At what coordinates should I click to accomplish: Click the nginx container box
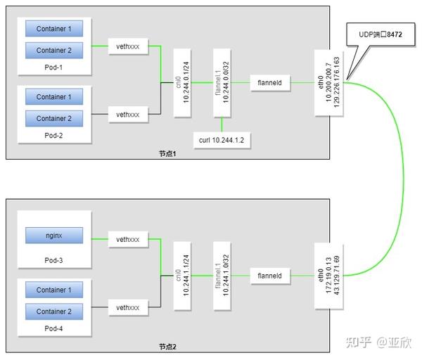tap(54, 236)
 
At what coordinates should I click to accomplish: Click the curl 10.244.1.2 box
tap(222, 140)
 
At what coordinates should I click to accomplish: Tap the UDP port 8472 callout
tap(381, 34)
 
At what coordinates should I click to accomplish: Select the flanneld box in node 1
tap(270, 83)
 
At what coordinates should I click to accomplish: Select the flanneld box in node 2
tap(270, 276)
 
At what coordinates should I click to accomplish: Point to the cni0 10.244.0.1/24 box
tap(182, 82)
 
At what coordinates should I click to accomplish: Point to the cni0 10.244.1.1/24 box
tap(182, 276)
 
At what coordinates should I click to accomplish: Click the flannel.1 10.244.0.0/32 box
tap(222, 82)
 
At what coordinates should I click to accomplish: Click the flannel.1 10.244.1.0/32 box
tap(222, 276)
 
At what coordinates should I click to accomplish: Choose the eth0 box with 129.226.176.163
tap(329, 82)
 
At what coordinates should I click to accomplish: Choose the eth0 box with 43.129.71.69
tap(329, 276)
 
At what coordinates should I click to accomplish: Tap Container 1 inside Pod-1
tap(54, 29)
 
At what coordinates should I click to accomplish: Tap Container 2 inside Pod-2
tap(54, 118)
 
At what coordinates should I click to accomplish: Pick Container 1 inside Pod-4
tap(54, 290)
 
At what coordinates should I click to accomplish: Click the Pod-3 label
tap(53, 260)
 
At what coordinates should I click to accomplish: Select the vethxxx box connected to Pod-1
tap(128, 46)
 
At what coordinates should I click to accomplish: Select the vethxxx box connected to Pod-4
tap(128, 307)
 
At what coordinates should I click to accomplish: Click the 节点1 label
tap(167, 153)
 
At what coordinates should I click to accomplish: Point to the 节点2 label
tap(167, 347)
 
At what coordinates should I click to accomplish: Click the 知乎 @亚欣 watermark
tap(378, 342)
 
